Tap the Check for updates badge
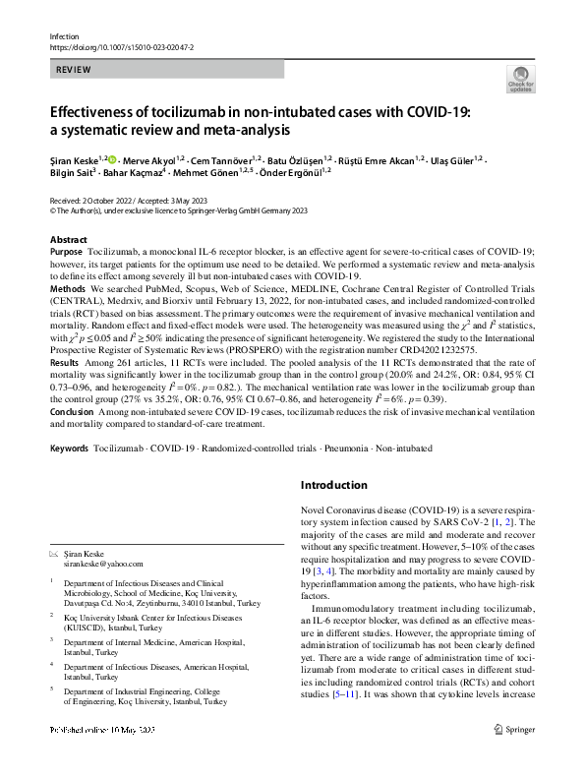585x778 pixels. click(x=520, y=79)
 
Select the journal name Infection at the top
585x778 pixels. click(x=63, y=35)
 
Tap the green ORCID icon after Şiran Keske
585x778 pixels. click(x=111, y=159)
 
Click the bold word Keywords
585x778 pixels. click(x=70, y=449)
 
